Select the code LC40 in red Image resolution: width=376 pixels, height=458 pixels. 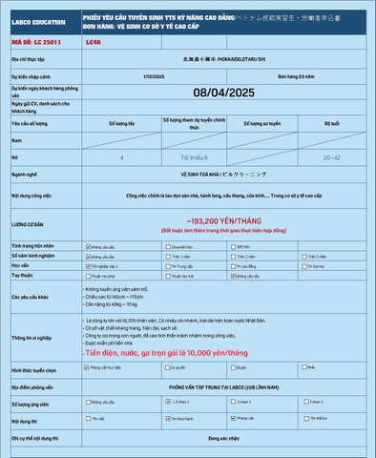tap(93, 43)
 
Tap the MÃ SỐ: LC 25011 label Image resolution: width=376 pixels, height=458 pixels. tap(35, 43)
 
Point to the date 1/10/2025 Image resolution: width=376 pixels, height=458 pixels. tap(153, 75)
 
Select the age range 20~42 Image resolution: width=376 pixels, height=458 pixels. tap(331, 157)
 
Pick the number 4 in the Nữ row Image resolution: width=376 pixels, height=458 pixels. tap(121, 157)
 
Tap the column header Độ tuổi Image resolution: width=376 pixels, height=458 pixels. tap(331, 123)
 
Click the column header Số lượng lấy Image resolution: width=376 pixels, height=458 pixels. tap(122, 123)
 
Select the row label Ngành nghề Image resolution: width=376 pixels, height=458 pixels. tap(25, 175)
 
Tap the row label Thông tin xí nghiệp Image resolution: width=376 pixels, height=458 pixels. tap(32, 338)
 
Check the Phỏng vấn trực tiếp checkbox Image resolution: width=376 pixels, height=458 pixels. tap(89, 365)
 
